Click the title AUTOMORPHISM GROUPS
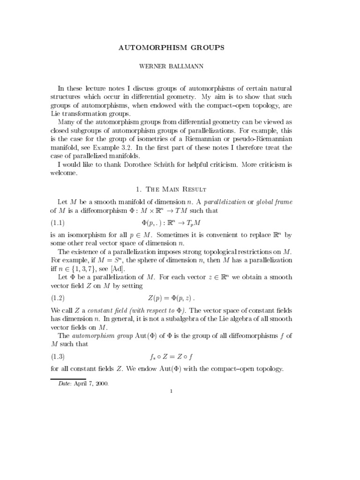coord(180,48)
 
